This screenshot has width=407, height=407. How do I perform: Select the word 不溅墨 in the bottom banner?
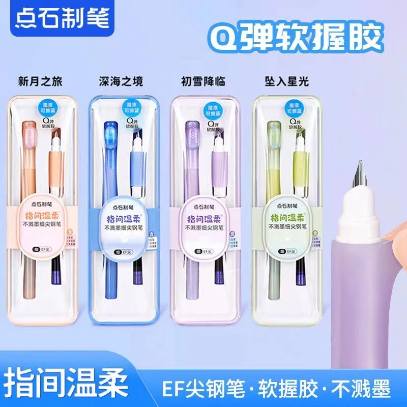pos(361,383)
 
